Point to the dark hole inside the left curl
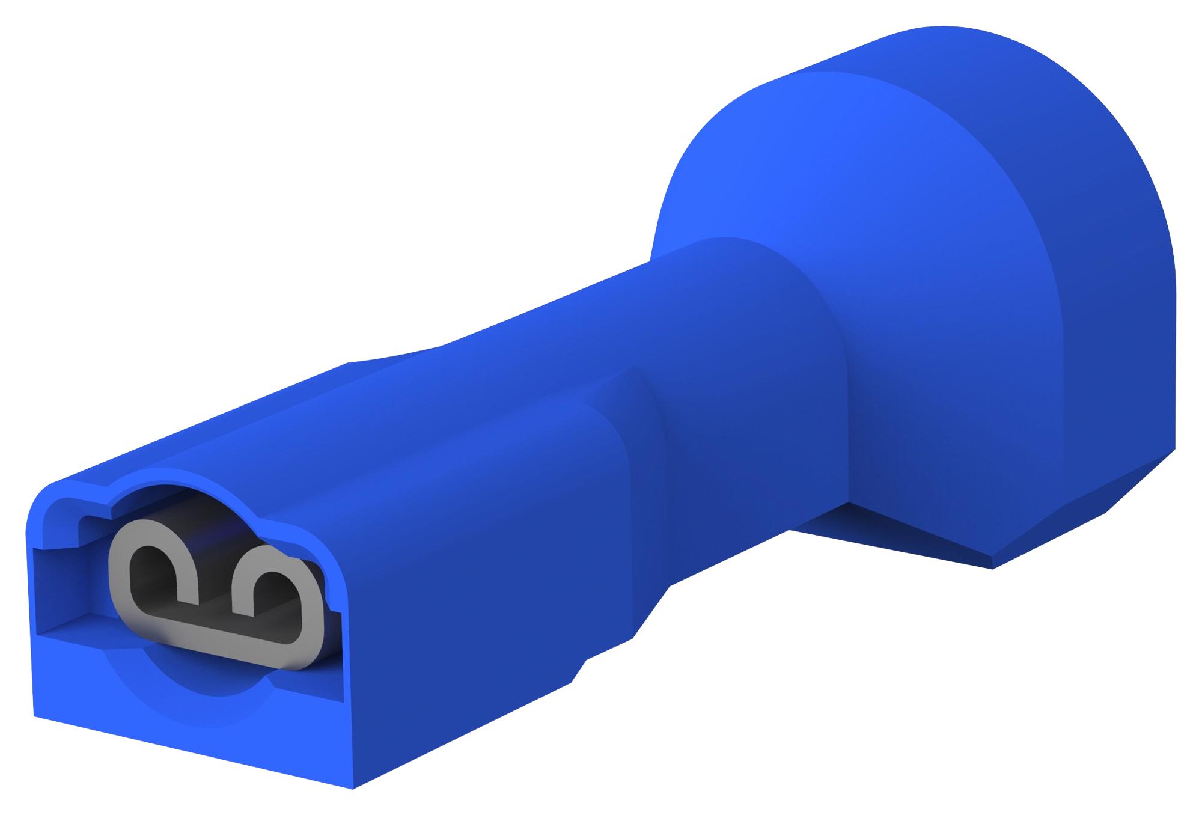pyautogui.click(x=150, y=568)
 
